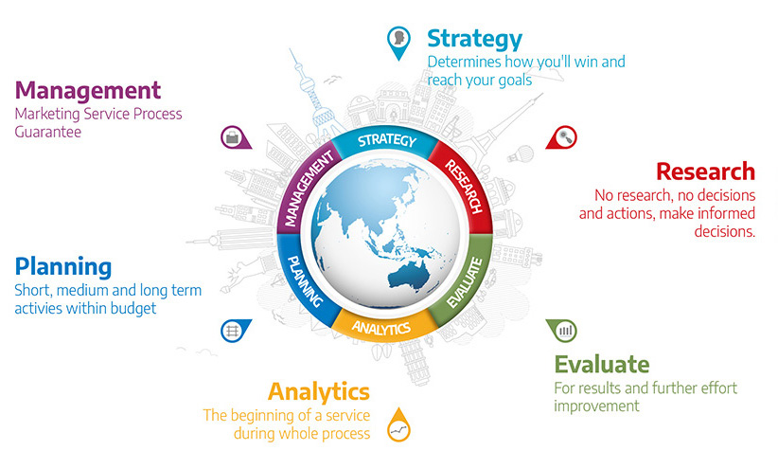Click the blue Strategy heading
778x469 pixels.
click(474, 39)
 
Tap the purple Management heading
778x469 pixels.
click(88, 90)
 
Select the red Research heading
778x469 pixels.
click(705, 171)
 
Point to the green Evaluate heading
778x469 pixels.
click(602, 364)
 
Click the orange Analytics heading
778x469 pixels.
click(319, 392)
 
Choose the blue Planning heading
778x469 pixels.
click(63, 267)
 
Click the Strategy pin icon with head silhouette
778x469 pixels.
click(398, 43)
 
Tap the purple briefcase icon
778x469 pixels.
click(236, 137)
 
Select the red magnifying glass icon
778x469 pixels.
click(561, 137)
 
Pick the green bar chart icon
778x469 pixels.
click(562, 331)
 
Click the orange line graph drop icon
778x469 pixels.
click(398, 425)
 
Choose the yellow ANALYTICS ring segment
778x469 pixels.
click(382, 327)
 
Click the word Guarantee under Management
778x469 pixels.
click(48, 132)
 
